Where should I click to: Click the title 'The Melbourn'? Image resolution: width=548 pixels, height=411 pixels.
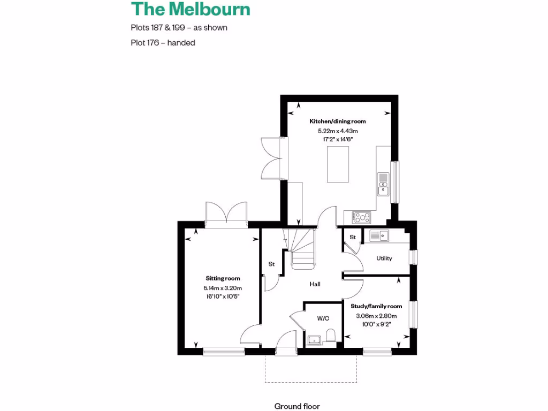190,10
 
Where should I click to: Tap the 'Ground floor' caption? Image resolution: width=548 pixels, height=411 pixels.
297,406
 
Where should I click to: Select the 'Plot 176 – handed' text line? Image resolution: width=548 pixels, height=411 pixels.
163,43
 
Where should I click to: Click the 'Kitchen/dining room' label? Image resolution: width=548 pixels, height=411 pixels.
338,121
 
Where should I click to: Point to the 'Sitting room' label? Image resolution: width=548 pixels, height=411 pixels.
223,278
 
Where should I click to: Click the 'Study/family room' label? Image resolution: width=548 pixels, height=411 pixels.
376,306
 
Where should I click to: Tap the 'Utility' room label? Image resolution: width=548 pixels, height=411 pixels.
384,258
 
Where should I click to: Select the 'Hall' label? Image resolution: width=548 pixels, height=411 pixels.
315,284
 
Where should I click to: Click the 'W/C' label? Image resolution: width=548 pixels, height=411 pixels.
323,318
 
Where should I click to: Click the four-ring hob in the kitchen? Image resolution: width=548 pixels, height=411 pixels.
362,217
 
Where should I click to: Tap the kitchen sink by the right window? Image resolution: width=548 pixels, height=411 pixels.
383,183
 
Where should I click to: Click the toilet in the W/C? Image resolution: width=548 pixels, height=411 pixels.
330,336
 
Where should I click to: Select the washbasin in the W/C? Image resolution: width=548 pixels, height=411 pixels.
313,339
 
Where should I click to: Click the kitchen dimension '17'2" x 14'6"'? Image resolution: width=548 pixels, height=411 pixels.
338,139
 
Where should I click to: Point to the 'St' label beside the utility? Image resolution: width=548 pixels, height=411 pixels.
353,237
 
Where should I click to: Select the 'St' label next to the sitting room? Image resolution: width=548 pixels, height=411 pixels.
271,264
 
